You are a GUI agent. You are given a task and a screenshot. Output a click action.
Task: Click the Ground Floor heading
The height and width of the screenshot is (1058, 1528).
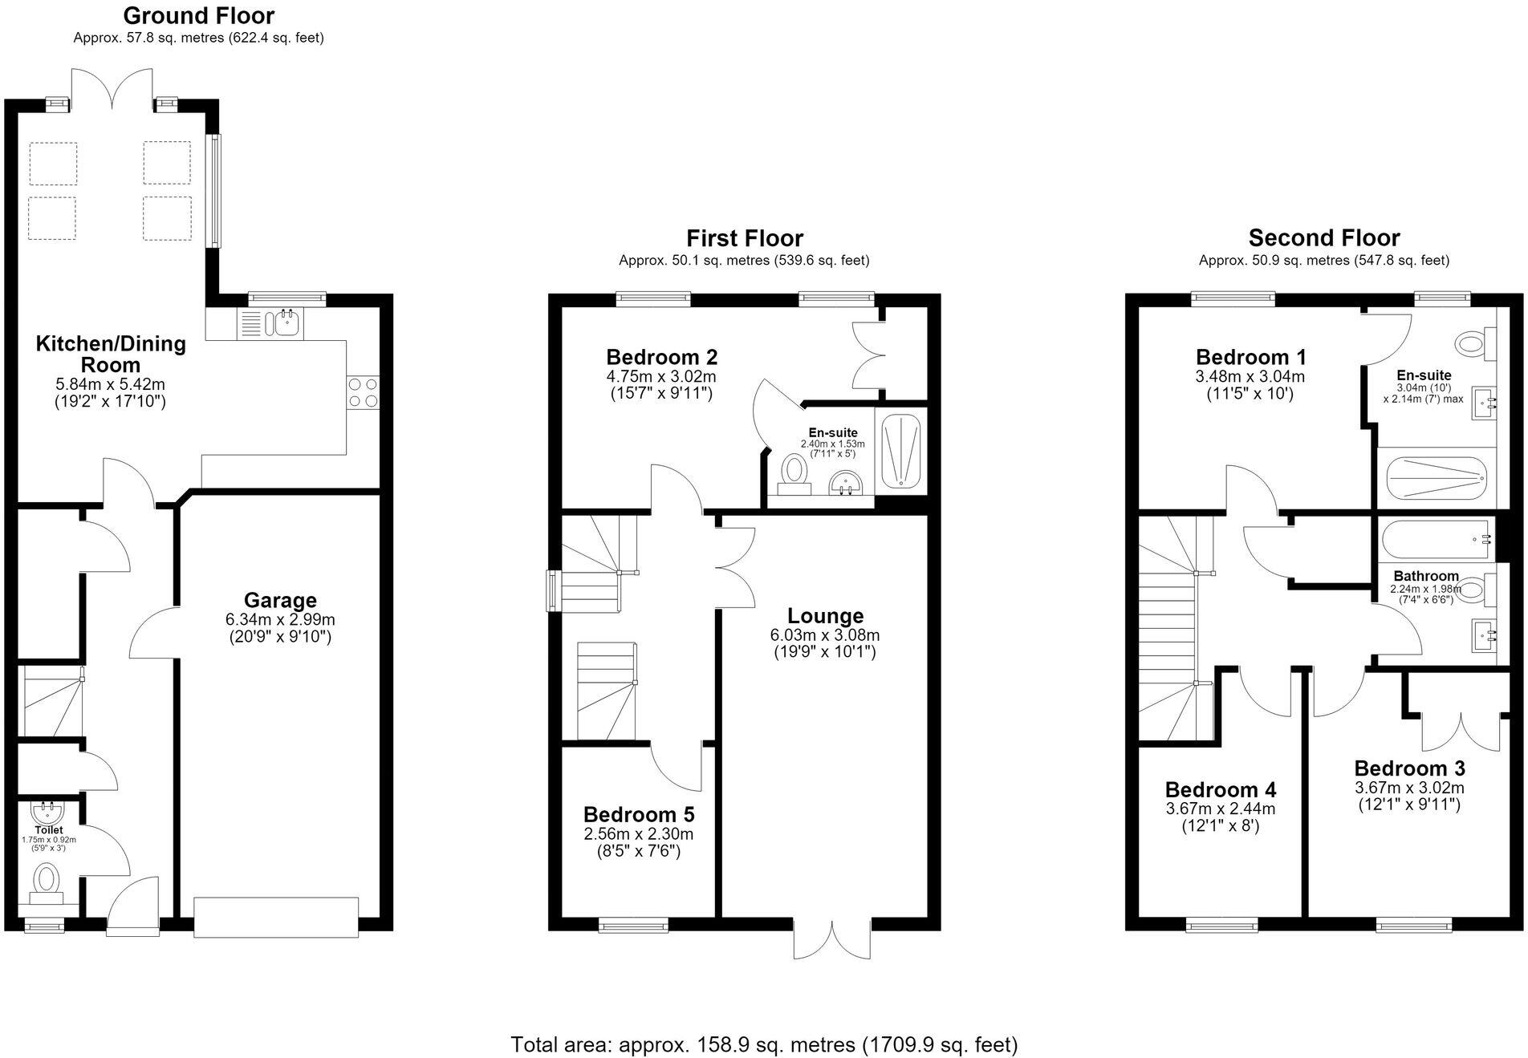click(199, 15)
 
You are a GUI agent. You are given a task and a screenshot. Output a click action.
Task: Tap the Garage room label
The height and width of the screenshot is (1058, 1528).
click(280, 600)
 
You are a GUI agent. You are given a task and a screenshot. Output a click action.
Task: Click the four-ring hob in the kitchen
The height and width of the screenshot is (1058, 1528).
click(363, 393)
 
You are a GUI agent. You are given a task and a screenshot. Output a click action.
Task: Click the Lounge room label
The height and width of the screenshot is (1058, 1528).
click(825, 616)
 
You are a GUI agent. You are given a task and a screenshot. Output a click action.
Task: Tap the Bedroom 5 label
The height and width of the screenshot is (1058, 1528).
click(639, 814)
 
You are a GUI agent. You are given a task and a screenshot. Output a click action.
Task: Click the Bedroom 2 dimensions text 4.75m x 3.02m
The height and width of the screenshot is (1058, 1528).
click(661, 376)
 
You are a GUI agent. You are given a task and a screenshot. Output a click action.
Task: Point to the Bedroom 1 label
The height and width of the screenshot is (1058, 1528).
click(1251, 357)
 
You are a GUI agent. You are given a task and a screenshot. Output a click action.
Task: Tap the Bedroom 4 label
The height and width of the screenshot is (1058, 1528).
click(1221, 790)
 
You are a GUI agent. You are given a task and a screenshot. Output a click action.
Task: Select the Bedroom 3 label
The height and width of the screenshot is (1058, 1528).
click(1409, 768)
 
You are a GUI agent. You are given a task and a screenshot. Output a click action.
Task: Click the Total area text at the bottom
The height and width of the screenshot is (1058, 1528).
click(764, 1044)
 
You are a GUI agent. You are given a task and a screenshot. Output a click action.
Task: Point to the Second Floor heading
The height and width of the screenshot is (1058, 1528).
click(1324, 238)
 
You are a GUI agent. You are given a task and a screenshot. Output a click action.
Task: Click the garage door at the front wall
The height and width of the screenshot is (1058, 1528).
click(276, 917)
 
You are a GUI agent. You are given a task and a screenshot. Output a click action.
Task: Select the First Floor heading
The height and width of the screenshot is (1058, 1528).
click(745, 238)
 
